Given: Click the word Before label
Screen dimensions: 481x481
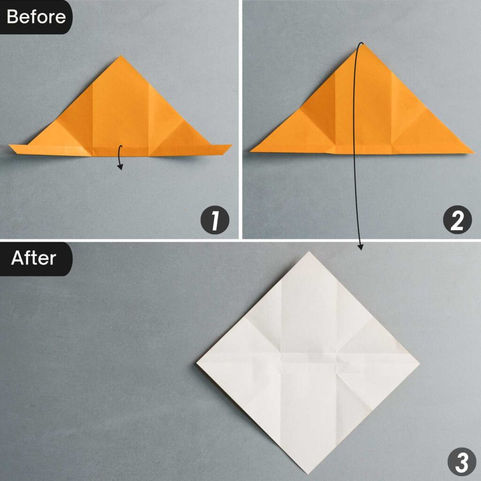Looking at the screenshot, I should pos(36,17).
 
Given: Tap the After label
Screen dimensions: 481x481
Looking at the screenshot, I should pos(33,258).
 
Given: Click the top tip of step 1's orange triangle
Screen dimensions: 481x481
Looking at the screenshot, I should pos(120,56).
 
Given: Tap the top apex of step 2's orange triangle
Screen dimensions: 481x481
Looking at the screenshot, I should pos(362,44).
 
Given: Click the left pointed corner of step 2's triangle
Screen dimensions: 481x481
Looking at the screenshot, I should pos(251,151).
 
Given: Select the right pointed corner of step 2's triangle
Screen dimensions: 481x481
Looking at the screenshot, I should pos(473,152).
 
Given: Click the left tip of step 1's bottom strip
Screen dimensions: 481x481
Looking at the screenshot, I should pos(10,147).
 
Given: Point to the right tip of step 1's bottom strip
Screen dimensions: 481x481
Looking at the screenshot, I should pos(231,146).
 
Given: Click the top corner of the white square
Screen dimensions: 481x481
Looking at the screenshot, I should pos(309,252).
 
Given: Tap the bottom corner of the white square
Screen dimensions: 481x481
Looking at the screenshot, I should pos(309,473).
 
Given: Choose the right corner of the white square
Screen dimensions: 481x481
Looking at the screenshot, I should pos(419,363).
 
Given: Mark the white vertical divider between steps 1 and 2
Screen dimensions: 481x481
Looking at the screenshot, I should pos(240,117).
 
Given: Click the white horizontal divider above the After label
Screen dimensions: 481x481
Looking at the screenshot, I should pos(240,240).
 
